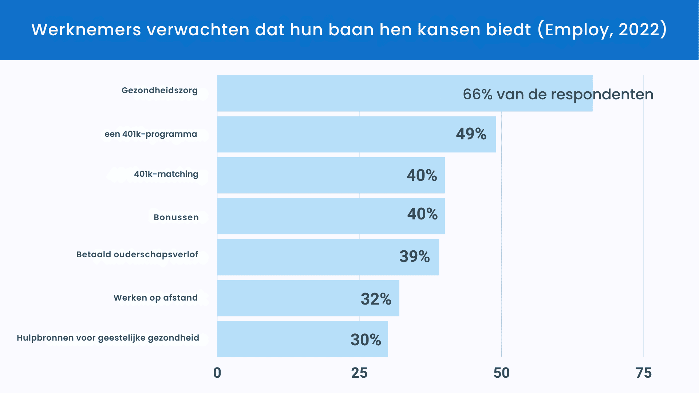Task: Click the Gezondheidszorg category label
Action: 159,90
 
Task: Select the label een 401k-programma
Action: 151,134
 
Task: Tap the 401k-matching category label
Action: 166,174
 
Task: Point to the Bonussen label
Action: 176,217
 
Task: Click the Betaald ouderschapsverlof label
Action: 137,254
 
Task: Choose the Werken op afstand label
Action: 155,298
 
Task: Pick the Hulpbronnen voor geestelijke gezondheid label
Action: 108,338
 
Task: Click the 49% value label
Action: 471,134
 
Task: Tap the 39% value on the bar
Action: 415,257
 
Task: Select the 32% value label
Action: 376,299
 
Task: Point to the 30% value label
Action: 366,340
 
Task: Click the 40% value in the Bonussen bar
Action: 422,214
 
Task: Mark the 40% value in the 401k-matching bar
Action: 422,175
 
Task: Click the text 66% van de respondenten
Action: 558,95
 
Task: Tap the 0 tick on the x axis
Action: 217,373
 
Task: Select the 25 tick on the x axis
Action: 359,373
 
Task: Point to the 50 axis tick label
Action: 501,373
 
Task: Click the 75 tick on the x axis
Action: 643,373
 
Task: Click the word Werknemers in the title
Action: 86,29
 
